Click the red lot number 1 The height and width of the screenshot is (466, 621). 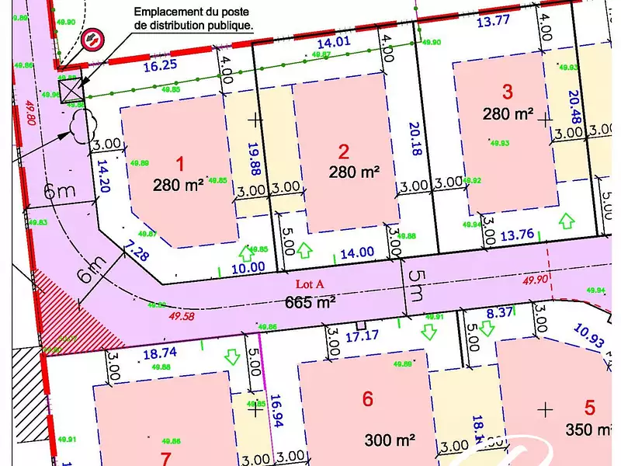coord(180,164)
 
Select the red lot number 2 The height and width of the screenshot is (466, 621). coord(343,151)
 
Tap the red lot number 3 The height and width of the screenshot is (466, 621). coord(507,92)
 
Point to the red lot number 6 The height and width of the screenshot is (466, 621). coord(368,399)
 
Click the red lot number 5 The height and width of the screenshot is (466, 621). coord(590,407)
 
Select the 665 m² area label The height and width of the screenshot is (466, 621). coord(310,302)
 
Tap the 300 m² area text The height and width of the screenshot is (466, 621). coord(390,440)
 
